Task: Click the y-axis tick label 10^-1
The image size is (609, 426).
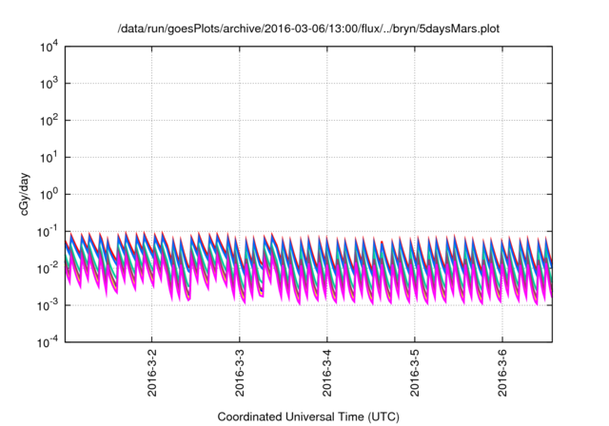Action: click(x=46, y=231)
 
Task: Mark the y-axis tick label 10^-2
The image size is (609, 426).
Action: click(x=46, y=268)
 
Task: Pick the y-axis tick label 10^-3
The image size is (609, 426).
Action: click(x=46, y=305)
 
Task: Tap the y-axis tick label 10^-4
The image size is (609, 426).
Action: click(x=46, y=342)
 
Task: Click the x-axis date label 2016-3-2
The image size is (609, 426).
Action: click(x=152, y=375)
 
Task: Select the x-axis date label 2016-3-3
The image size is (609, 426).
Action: click(x=240, y=375)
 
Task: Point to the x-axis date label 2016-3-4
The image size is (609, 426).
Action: click(x=327, y=375)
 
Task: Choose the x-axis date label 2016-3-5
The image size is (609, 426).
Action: click(x=415, y=375)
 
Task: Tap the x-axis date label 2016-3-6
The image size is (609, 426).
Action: click(x=502, y=375)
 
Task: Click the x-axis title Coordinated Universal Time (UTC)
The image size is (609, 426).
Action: click(x=307, y=416)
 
